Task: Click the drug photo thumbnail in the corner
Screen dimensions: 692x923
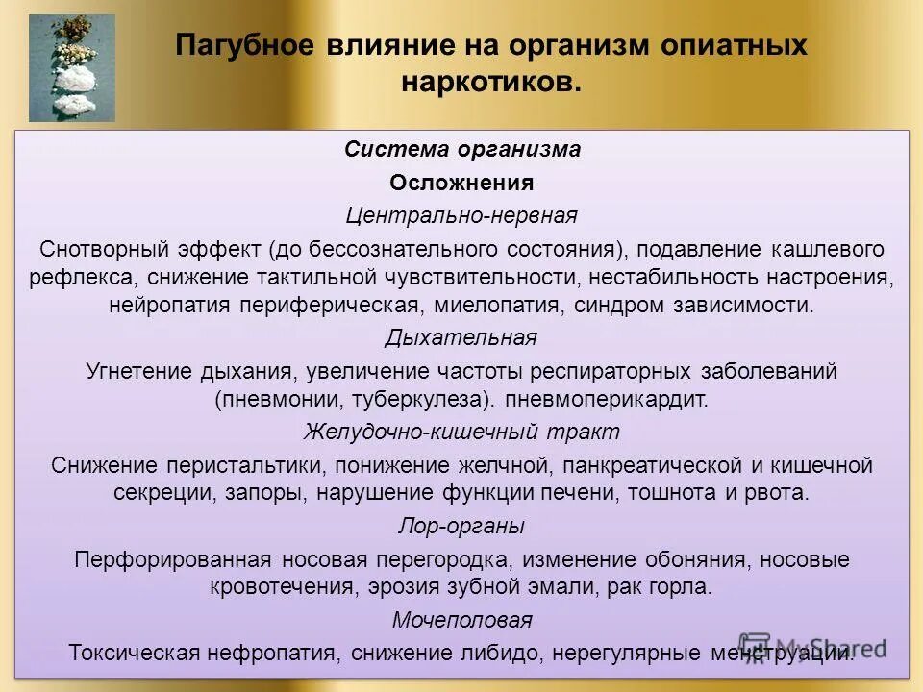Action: [71, 68]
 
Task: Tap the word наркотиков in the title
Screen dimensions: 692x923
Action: [490, 82]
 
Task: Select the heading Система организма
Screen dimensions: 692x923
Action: [462, 150]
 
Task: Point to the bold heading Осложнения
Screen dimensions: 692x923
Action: [461, 183]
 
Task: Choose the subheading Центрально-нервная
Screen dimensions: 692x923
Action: [461, 214]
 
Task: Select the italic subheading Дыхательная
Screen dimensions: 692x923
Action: [461, 338]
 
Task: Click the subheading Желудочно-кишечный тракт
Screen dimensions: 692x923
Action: [461, 432]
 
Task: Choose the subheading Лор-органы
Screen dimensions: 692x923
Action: [461, 526]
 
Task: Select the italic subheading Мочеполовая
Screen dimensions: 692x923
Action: [461, 620]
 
